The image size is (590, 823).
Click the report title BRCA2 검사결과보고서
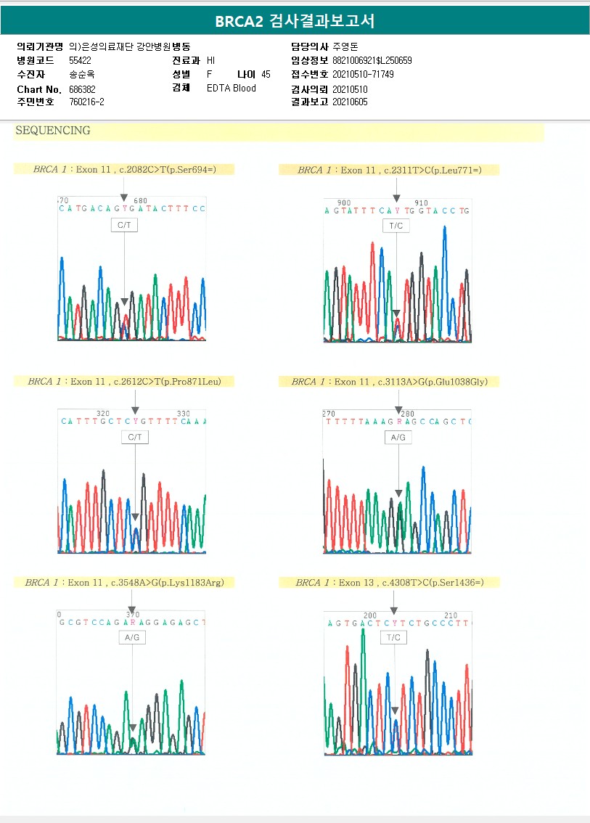click(295, 21)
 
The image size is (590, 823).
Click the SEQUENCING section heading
click(53, 131)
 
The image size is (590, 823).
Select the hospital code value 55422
click(80, 60)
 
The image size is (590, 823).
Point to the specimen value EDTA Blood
click(231, 89)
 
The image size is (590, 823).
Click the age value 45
click(266, 75)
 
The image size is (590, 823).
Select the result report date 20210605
click(350, 102)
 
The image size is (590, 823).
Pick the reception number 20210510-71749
click(363, 75)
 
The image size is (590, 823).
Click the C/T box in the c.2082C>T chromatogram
click(124, 226)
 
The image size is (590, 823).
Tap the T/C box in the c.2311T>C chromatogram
click(396, 226)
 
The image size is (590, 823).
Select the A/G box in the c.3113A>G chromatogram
click(398, 438)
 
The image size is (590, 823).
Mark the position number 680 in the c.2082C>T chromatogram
click(141, 201)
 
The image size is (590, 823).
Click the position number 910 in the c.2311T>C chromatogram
click(421, 203)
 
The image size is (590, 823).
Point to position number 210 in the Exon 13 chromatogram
click(451, 615)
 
